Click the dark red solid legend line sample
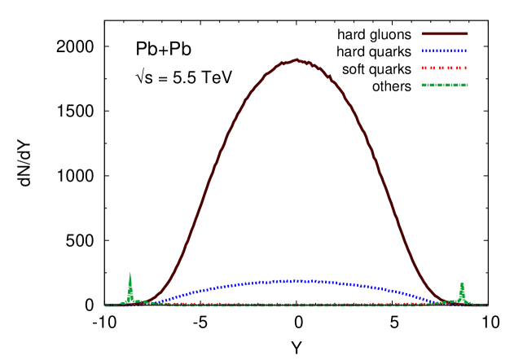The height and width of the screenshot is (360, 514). tap(445, 33)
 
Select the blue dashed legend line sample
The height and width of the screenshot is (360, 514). tap(445, 50)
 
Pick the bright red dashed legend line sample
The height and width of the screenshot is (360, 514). tap(445, 68)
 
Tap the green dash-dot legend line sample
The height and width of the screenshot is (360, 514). tap(445, 85)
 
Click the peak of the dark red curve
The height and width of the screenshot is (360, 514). tap(297, 59)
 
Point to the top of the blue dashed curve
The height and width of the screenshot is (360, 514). tap(297, 280)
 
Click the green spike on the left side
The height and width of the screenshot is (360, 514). tap(130, 289)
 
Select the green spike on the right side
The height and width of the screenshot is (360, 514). tap(462, 292)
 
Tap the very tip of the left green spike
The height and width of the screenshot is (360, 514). tap(130, 272)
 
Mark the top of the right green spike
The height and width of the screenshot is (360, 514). tap(462, 282)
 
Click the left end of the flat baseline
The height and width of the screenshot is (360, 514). tap(106, 305)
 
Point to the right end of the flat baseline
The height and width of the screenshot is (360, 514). tap(487, 305)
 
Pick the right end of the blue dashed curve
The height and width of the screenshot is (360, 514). tap(441, 303)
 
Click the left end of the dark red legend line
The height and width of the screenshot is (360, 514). tap(423, 33)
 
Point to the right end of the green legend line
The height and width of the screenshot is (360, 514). tap(468, 85)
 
